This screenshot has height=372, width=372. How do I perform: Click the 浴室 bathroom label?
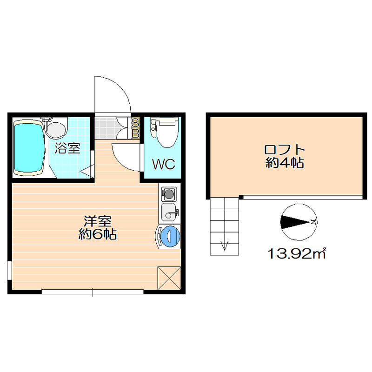67,149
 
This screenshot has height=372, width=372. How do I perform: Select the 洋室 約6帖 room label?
97,227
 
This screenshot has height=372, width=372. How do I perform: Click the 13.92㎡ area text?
296,254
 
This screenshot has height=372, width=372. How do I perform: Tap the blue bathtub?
28,147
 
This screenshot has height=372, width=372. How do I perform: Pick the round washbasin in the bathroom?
55,129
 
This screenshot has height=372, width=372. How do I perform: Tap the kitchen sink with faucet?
169,213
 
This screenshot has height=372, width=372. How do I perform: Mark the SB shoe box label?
135,128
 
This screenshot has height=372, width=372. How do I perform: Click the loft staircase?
224,225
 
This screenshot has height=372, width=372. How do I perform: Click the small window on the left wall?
9,271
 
